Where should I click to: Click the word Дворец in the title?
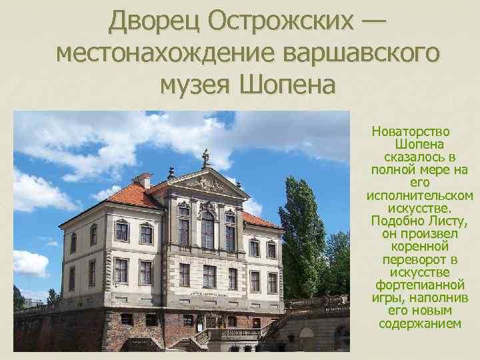154,21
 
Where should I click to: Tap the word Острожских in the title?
279,21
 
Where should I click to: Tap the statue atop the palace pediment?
206,157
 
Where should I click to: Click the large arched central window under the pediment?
207,229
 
